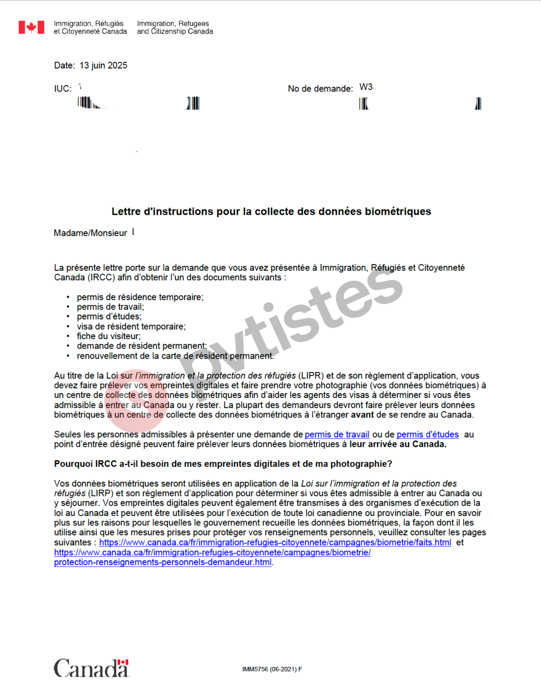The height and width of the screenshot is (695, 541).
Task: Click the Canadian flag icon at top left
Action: [32, 27]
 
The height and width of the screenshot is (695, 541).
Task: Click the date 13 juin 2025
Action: [103, 66]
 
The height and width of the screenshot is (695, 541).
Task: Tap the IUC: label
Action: [63, 89]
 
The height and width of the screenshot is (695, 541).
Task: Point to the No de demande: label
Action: [320, 89]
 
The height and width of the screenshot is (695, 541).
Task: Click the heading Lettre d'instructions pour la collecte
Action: [271, 211]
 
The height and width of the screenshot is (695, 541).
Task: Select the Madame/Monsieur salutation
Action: [90, 233]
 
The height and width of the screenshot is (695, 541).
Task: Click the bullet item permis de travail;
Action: [110, 307]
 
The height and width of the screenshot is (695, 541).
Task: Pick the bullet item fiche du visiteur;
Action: [109, 336]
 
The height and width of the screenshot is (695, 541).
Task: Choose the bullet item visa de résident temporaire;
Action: [131, 327]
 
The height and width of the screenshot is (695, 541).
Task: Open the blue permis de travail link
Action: [337, 435]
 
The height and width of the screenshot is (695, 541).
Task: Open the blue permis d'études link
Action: [427, 435]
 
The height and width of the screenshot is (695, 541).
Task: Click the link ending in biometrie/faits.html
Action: [275, 543]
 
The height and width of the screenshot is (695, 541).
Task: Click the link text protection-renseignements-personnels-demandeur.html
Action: [163, 562]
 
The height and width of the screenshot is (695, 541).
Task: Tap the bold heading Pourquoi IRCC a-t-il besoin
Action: [223, 464]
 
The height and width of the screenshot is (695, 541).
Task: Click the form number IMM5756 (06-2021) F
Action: [272, 669]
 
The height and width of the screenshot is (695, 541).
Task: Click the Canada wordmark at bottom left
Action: [91, 668]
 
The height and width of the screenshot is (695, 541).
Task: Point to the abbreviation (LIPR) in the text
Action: [311, 376]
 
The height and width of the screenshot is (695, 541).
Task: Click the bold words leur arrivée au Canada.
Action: [398, 444]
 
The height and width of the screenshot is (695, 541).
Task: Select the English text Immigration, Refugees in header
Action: [173, 23]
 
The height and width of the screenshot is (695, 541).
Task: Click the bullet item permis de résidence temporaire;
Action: [140, 297]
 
